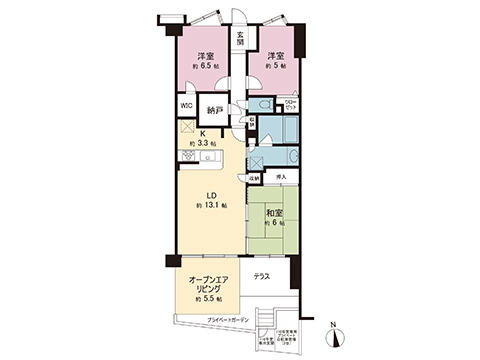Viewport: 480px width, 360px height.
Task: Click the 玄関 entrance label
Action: pos(240,41)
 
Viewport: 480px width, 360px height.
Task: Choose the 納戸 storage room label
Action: pos(215,110)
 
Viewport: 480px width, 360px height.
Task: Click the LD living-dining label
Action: pos(211,195)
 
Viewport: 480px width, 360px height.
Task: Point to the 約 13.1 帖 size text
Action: pos(211,206)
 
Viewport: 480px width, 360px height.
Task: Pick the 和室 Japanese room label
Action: pos(276,213)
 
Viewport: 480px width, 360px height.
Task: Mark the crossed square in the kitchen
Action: pos(186,127)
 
